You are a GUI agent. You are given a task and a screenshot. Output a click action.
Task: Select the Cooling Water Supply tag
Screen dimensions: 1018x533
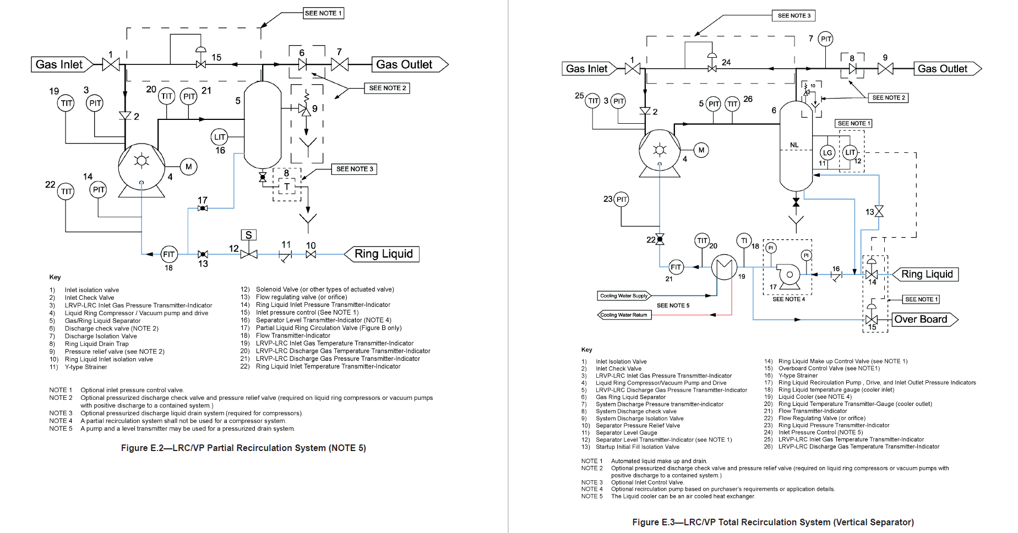624,296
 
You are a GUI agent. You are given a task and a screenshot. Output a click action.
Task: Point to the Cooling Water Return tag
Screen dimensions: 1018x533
624,315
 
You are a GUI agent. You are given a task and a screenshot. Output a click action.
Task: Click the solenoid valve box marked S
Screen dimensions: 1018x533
249,235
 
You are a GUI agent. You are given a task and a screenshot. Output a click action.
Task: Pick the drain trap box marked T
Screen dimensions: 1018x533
287,187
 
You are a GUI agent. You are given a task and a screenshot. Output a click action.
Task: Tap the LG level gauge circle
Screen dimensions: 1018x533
827,153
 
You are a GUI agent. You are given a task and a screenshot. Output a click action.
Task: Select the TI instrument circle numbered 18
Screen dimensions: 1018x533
744,240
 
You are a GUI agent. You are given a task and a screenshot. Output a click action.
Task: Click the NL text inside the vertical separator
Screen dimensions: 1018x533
794,145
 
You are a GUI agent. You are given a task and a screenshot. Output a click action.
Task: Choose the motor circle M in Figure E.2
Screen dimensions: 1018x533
189,167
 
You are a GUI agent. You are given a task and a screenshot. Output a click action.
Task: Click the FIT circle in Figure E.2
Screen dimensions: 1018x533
168,254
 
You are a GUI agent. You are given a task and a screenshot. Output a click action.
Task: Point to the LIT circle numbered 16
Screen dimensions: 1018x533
219,137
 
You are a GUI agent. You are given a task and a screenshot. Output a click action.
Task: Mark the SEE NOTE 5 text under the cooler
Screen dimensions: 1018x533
673,305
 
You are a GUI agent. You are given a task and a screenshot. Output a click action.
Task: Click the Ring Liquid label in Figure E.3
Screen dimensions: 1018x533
926,274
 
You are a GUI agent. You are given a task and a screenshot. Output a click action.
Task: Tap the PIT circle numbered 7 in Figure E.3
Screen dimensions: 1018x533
825,39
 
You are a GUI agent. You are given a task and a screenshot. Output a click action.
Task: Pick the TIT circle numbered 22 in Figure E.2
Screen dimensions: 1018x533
66,191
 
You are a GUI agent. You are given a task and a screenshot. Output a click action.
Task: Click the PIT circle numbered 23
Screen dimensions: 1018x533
621,199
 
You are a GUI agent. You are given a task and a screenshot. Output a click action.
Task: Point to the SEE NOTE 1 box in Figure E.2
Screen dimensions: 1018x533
324,13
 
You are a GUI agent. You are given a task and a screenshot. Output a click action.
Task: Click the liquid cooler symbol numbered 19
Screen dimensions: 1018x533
724,267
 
